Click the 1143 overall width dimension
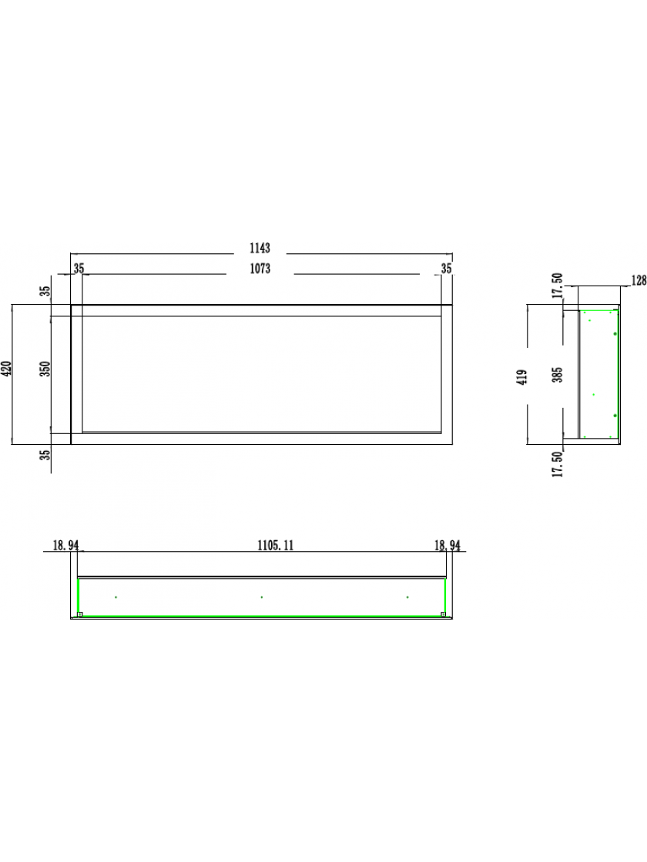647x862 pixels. [260, 249]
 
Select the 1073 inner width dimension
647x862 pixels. [260, 269]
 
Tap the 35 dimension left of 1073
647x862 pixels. [79, 269]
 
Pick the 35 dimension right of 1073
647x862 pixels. [446, 269]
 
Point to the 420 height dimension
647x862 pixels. [7, 369]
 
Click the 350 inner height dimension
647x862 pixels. [46, 369]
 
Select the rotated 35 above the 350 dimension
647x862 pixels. [46, 290]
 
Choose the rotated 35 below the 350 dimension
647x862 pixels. [46, 455]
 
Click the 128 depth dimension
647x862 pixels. [639, 281]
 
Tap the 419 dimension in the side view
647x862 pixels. [523, 376]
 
